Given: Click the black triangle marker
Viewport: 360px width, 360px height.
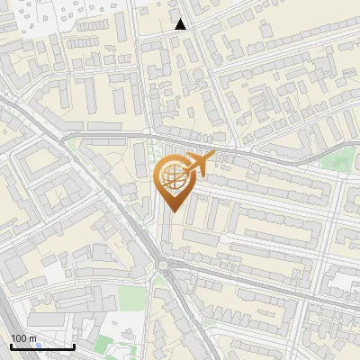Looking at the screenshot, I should click(181, 24).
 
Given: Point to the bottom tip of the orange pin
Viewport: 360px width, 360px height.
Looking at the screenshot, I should click(173, 212).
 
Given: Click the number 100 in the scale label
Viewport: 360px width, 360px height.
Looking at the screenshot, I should click(19, 338).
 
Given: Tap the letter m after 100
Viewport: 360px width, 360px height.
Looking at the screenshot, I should click(34, 338).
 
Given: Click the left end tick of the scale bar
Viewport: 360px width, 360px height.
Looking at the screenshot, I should click(11, 346).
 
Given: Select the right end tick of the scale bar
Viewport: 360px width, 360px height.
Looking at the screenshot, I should click(74, 346).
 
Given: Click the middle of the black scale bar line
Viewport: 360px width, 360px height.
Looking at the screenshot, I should click(42, 346).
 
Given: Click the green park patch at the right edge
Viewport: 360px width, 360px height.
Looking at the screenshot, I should click(337, 163).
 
